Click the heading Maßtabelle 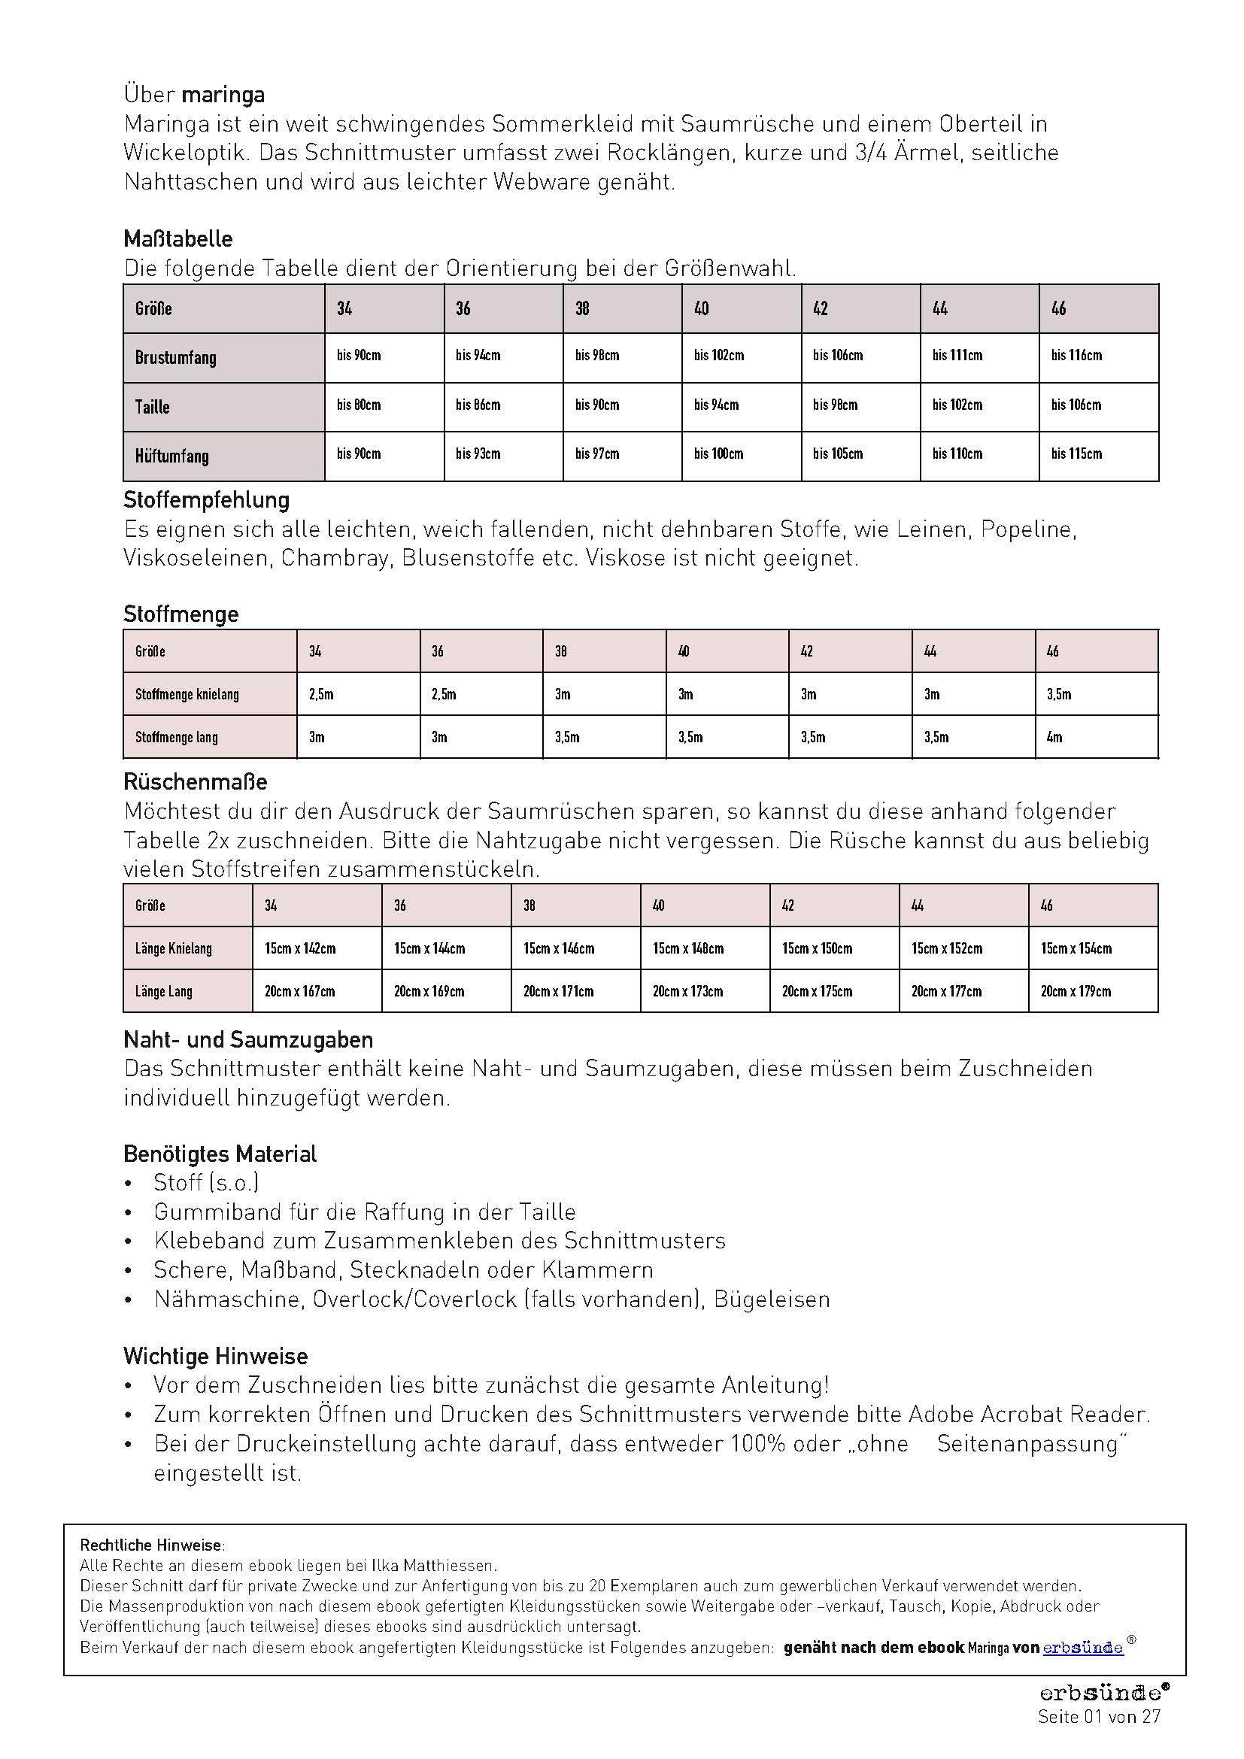click(177, 239)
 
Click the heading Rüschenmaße click(195, 782)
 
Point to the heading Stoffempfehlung click(206, 500)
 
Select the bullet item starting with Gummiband click(364, 1212)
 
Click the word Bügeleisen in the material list click(772, 1300)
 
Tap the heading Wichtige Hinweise click(215, 1356)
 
